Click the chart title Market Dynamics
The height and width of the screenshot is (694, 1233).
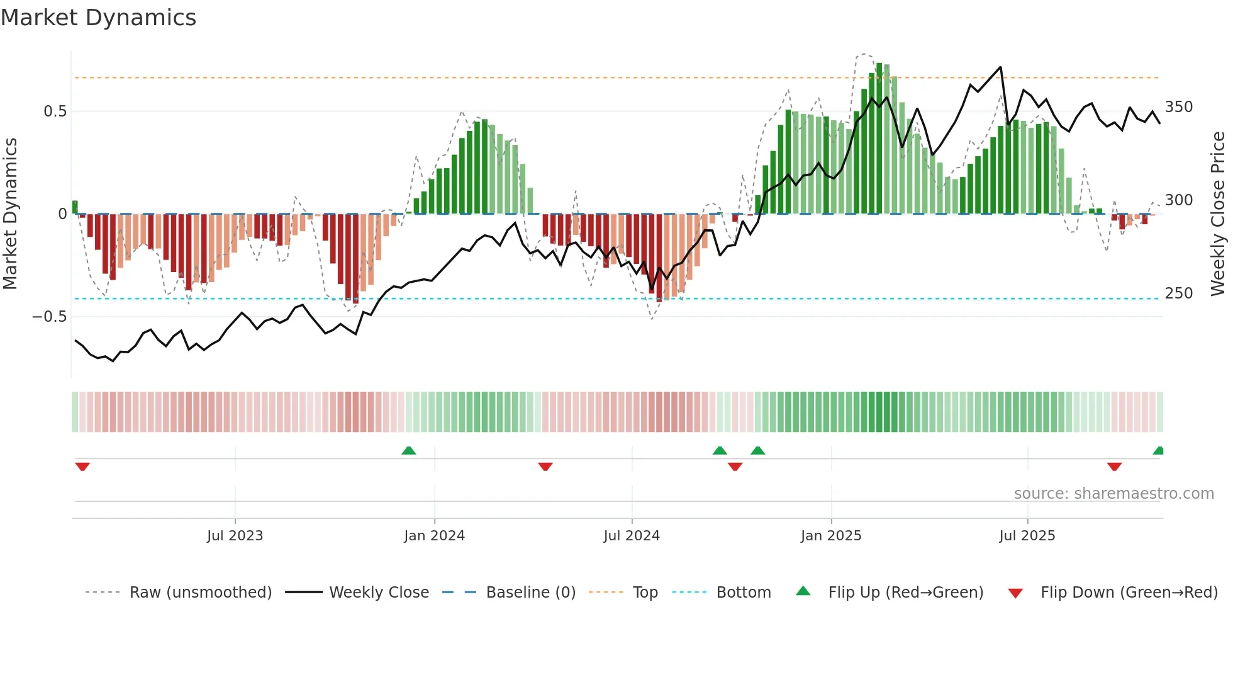pyautogui.click(x=98, y=18)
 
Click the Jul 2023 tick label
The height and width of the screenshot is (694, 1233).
pyautogui.click(x=235, y=536)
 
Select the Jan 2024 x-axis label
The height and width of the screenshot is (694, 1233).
pyautogui.click(x=434, y=536)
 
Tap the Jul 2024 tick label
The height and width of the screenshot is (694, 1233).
pyautogui.click(x=632, y=536)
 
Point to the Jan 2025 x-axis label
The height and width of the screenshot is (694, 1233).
pyautogui.click(x=831, y=536)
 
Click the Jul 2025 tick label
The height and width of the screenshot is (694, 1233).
pyautogui.click(x=1027, y=536)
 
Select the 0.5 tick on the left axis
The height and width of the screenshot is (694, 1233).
pyautogui.click(x=55, y=111)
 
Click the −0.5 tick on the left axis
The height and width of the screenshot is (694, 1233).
pyautogui.click(x=50, y=317)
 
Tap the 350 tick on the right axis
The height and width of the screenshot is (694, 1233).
pyautogui.click(x=1179, y=107)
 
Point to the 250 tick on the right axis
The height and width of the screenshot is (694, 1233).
pyautogui.click(x=1179, y=293)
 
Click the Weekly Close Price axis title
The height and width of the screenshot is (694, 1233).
pyautogui.click(x=1218, y=214)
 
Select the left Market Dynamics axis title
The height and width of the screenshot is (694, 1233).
pyautogui.click(x=11, y=214)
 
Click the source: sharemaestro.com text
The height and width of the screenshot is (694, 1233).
pyautogui.click(x=1113, y=494)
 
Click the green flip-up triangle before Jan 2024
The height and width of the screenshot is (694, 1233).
pyautogui.click(x=409, y=450)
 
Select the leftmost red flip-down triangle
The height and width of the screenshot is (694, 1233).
pyautogui.click(x=82, y=467)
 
